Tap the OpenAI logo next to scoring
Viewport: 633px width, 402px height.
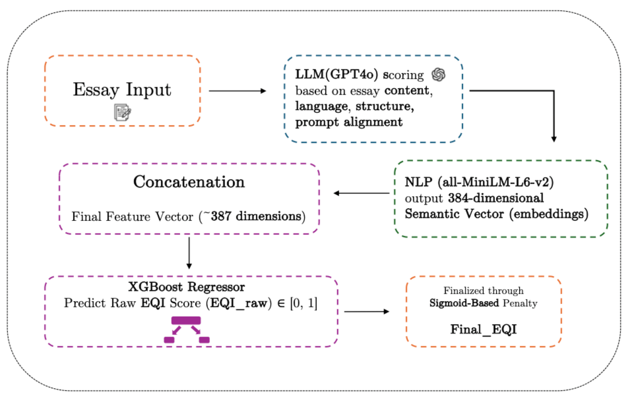438,75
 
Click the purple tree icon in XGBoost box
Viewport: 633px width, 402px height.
187,330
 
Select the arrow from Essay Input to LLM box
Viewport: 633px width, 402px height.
237,91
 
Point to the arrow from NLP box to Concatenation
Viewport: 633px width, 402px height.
362,193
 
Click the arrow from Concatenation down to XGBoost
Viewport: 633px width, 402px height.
189,253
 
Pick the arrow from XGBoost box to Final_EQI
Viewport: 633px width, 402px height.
366,311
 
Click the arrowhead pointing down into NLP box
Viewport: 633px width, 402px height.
554,139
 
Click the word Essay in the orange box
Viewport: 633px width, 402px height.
96,90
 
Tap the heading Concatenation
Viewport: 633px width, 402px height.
189,182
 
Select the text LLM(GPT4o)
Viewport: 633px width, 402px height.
336,74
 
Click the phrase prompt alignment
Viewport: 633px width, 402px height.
349,122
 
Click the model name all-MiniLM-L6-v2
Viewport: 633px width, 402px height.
496,182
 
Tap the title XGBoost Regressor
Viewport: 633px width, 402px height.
186,287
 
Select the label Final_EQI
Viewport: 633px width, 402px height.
483,329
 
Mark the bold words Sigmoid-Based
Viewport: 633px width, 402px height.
464,303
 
